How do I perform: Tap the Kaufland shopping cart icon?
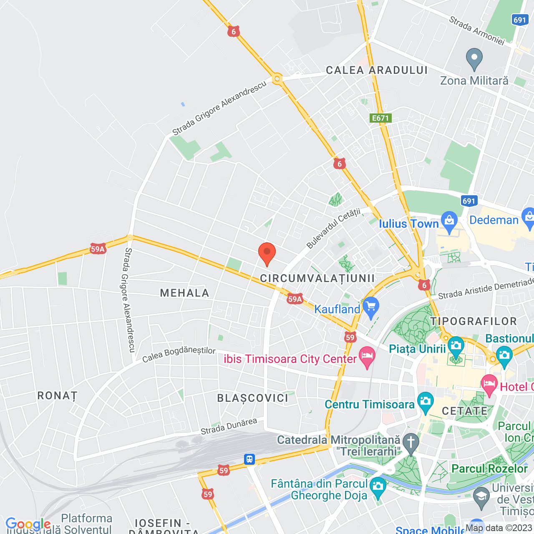370,307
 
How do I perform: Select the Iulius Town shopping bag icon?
449,222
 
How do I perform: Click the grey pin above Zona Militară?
474,59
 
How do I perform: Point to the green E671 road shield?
380,118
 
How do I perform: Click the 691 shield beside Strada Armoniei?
520,20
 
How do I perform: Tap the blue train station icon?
249,459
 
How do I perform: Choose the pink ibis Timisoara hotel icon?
367,357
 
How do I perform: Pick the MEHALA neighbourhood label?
184,293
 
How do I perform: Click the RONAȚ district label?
58,395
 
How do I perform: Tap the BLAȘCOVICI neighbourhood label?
253,398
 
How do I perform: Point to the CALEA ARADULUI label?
377,70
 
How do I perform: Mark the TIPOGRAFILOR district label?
474,321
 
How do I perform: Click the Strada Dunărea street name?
229,426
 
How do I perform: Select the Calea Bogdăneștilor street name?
179,354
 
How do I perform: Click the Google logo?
28,524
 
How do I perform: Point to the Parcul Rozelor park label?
489,469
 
